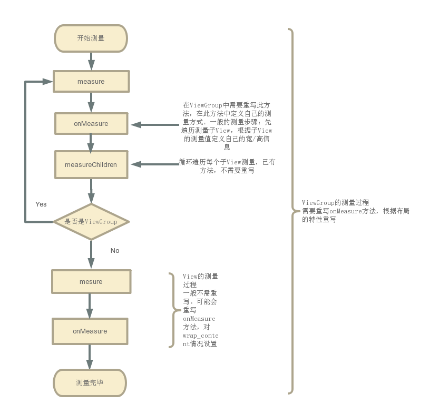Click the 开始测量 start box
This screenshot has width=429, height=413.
click(x=91, y=38)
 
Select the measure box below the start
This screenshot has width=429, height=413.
click(x=91, y=82)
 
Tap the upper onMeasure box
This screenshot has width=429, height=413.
click(x=91, y=124)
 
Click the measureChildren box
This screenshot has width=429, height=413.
click(x=91, y=164)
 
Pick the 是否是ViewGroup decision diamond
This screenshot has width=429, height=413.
click(x=91, y=222)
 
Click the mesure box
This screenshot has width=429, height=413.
click(x=91, y=282)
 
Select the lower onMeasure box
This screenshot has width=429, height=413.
click(x=90, y=331)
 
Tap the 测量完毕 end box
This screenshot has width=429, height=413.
click(x=90, y=383)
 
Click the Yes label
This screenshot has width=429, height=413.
click(x=41, y=204)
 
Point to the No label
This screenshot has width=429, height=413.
click(x=115, y=251)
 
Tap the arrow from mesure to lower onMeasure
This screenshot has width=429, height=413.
click(x=90, y=306)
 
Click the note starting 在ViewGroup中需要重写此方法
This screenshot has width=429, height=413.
click(x=228, y=126)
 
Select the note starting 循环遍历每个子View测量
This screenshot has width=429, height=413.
click(x=227, y=166)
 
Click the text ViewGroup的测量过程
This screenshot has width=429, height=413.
click(x=335, y=202)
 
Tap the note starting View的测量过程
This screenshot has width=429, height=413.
click(x=200, y=310)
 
